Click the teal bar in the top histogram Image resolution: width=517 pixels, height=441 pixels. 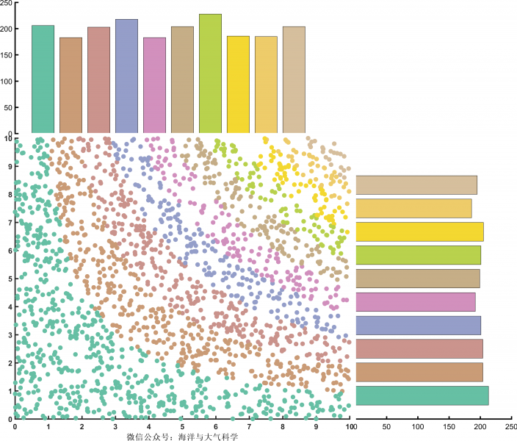click(43, 79)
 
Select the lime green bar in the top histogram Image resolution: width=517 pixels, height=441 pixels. click(210, 73)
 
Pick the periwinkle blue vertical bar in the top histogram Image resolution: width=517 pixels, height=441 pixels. click(126, 76)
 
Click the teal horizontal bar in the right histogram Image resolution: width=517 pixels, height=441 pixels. click(422, 395)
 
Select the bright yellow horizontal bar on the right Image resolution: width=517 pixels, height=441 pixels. click(419, 232)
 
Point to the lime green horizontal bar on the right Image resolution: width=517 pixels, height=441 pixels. click(418, 255)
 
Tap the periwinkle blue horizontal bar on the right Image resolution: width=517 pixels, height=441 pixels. click(418, 325)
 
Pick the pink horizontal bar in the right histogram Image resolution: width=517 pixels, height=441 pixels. click(415, 301)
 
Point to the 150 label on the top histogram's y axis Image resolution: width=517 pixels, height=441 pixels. click(7, 55)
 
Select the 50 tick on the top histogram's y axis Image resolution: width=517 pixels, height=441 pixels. click(9, 107)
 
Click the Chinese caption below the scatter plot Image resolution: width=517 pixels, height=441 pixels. click(183, 437)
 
